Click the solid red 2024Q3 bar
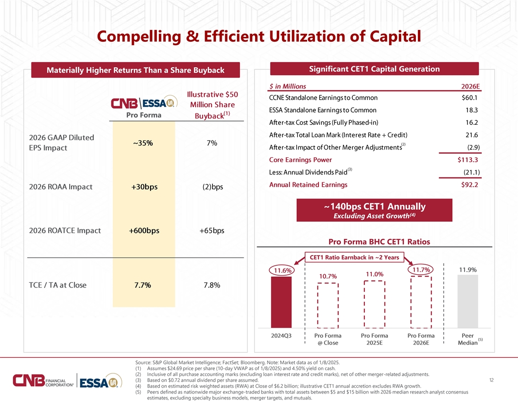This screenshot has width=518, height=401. (x=281, y=302)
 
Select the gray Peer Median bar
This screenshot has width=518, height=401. (x=467, y=301)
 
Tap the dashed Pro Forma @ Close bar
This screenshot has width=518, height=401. (x=328, y=305)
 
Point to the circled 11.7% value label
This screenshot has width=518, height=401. (x=421, y=270)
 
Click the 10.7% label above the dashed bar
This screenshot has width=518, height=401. (x=328, y=276)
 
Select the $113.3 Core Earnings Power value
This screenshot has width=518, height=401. (x=467, y=160)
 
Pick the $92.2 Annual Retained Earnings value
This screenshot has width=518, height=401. (x=469, y=185)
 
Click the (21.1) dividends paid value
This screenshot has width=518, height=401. (x=471, y=172)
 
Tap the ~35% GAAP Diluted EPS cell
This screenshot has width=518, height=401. (x=143, y=143)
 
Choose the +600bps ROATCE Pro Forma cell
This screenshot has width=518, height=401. (x=144, y=230)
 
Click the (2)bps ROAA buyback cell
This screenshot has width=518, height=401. (x=213, y=187)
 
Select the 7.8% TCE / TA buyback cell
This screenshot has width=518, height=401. (x=212, y=285)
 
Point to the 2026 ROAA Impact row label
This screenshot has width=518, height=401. (x=61, y=187)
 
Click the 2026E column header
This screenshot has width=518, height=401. (x=470, y=86)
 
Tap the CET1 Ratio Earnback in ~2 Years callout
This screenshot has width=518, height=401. (x=354, y=258)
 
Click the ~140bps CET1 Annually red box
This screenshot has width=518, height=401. (x=374, y=210)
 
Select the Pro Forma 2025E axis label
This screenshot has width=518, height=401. (x=374, y=339)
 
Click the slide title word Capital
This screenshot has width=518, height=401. (x=395, y=36)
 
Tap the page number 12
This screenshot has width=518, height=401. (x=491, y=380)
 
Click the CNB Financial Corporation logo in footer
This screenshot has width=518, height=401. (x=43, y=380)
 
